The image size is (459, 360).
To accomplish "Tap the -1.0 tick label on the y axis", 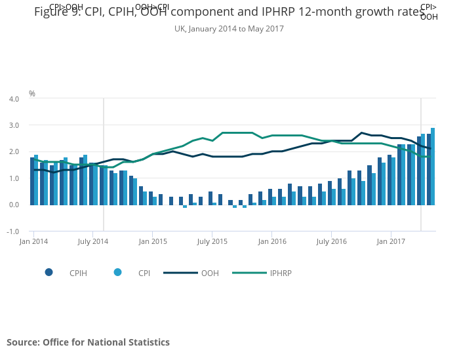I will coord(13,231).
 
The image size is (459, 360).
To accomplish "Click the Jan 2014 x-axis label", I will coord(33,242).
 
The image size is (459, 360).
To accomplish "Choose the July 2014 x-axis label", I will coord(92,242).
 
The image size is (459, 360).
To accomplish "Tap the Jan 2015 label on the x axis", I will coord(152,242).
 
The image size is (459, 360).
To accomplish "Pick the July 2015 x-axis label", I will coord(212,242).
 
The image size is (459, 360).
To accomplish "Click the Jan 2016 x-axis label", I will coord(272,242).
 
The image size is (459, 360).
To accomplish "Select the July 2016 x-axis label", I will coord(332,242).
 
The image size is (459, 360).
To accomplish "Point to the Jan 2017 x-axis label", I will coord(391,242).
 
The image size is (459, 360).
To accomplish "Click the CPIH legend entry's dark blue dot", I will coord(49,272).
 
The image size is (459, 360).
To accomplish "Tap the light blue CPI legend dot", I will coord(117,272).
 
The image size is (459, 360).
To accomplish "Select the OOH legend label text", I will coord(210,273).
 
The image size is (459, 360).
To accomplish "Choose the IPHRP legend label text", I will coord(281,273).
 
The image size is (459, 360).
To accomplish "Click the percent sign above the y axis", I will coord(32,94).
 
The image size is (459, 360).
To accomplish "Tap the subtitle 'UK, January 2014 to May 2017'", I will coord(229,29).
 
